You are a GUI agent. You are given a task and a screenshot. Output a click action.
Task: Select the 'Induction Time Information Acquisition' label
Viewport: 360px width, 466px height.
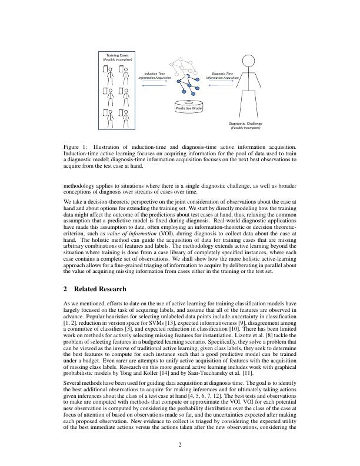click(x=155, y=75)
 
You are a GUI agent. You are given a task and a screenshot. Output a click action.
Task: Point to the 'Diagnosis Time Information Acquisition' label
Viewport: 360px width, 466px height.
click(x=222, y=75)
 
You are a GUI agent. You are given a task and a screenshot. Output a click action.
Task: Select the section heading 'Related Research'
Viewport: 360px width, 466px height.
click(x=99, y=289)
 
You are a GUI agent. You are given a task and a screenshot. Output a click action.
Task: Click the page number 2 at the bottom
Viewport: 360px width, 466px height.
click(x=180, y=444)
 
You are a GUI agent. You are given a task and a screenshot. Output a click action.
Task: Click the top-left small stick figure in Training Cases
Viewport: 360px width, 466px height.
click(x=108, y=72)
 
